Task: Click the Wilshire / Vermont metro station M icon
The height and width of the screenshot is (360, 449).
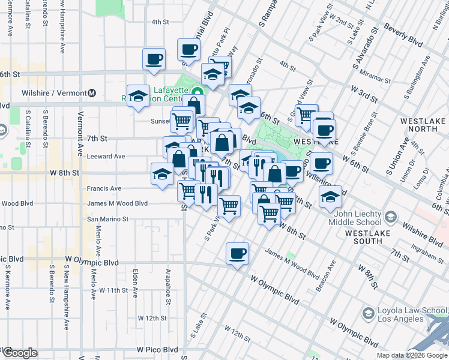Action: pyautogui.click(x=92, y=93)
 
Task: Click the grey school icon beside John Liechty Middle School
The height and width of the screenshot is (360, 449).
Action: pyautogui.click(x=391, y=216)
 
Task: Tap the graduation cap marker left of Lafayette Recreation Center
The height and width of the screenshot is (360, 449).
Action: pyautogui.click(x=138, y=96)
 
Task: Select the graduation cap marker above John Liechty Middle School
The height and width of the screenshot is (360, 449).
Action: pyautogui.click(x=330, y=196)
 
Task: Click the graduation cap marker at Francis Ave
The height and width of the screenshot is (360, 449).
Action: pyautogui.click(x=162, y=174)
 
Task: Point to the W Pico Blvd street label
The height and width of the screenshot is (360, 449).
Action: pyautogui.click(x=157, y=349)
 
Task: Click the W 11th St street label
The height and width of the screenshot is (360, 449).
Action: pyautogui.click(x=109, y=290)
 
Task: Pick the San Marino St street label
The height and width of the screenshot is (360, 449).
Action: pyautogui.click(x=108, y=219)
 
